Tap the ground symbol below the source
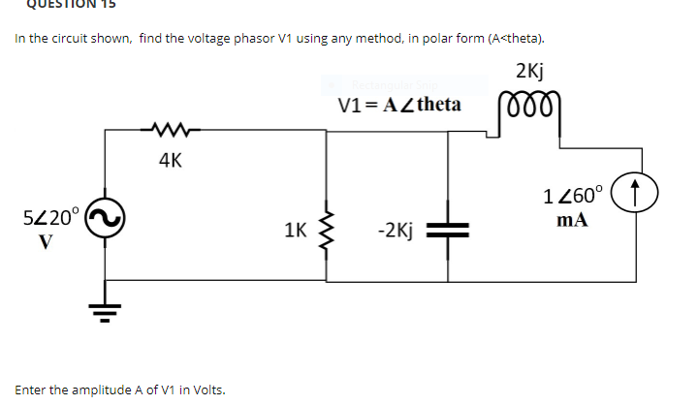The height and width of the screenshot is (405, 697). (105, 309)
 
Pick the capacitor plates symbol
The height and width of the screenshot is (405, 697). (449, 231)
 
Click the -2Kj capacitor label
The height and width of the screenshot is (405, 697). (396, 231)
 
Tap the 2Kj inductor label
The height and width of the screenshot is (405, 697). (529, 72)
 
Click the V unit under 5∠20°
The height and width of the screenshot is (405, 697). (45, 240)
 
